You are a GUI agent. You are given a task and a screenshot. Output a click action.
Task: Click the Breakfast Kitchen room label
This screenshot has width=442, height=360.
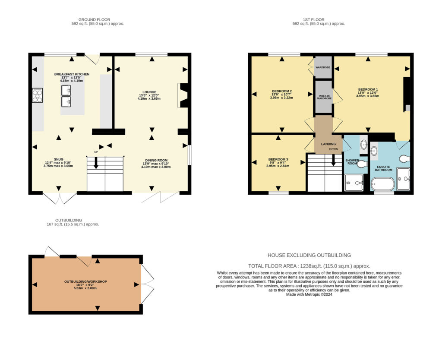pyautogui.click(x=72, y=74)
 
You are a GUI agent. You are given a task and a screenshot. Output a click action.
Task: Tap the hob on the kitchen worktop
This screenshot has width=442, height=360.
pyautogui.click(x=37, y=95)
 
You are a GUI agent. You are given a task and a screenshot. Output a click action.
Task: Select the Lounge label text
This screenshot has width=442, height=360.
pyautogui.click(x=149, y=92)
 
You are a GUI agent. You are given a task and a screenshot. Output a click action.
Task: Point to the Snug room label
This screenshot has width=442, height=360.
pyautogui.click(x=58, y=159)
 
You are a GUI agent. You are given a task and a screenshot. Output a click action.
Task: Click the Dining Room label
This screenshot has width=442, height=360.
pyautogui.click(x=156, y=160)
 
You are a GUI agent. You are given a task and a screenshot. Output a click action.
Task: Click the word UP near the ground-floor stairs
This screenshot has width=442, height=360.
pyautogui.click(x=96, y=152)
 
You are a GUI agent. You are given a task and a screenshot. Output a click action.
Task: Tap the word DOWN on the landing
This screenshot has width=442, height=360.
pyautogui.click(x=334, y=149)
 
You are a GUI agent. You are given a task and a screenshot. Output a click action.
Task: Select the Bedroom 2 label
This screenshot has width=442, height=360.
pyautogui.click(x=282, y=91)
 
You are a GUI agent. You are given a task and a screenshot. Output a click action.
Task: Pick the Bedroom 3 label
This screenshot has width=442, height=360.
pyautogui.click(x=278, y=159)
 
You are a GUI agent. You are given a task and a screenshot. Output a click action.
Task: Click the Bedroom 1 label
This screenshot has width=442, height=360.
pyautogui.click(x=368, y=89)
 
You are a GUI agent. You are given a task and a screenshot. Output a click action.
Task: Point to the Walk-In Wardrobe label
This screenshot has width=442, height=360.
pyautogui.click(x=324, y=97)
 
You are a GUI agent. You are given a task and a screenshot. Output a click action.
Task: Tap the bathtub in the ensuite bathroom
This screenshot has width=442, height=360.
pyautogui.click(x=382, y=184)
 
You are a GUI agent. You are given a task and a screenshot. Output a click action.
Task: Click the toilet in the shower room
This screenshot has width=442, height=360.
pyautogui.click(x=362, y=164)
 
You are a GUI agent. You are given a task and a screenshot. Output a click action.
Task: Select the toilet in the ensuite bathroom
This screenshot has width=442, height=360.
pyautogui.click(x=404, y=159)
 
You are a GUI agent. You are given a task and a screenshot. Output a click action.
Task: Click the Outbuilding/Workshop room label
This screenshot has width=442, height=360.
pyautogui.click(x=85, y=281)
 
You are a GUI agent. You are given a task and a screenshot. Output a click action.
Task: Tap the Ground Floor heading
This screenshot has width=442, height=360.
pyautogui.click(x=94, y=19)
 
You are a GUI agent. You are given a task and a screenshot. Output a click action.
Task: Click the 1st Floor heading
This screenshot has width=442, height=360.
pyautogui.click(x=313, y=19)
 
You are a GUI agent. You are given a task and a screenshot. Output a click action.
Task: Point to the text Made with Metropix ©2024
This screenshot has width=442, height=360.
pyautogui.click(x=309, y=294)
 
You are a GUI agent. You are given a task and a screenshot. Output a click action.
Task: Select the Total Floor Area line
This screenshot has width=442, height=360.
pyautogui.click(x=309, y=266)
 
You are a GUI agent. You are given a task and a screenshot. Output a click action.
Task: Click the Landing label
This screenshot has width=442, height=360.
pyautogui.click(x=328, y=144)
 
